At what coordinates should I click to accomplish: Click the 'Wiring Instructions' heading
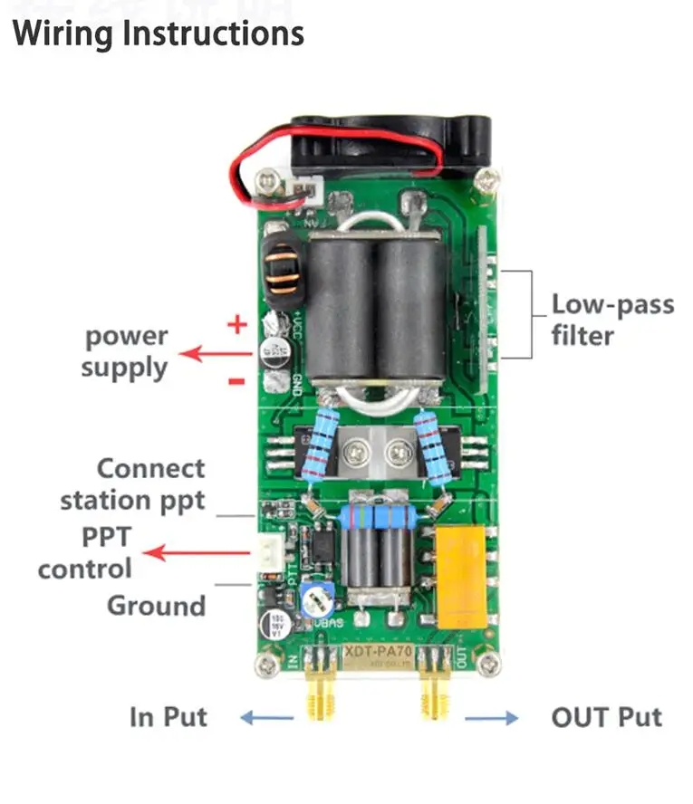(x=159, y=33)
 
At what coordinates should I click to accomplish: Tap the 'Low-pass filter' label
(x=612, y=320)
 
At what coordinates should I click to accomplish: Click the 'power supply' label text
(x=126, y=352)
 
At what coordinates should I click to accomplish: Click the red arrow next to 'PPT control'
(x=199, y=551)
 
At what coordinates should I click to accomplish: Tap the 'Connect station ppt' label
(x=133, y=484)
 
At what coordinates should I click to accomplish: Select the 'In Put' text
(x=168, y=717)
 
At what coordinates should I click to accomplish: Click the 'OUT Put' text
(x=606, y=717)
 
